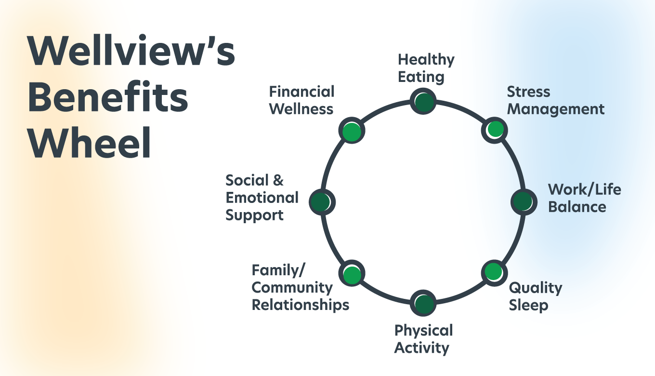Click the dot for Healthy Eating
423,101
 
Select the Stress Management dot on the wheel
495,130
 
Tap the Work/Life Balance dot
524,202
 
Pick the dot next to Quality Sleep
495,273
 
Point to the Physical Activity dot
423,303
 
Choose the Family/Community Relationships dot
352,273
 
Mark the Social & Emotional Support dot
322,202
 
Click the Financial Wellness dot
352,130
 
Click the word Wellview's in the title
131,50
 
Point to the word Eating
421,77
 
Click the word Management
556,109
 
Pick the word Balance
577,207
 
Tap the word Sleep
528,306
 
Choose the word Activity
421,348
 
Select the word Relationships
301,305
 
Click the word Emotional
262,198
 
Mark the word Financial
301,92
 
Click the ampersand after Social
278,180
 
